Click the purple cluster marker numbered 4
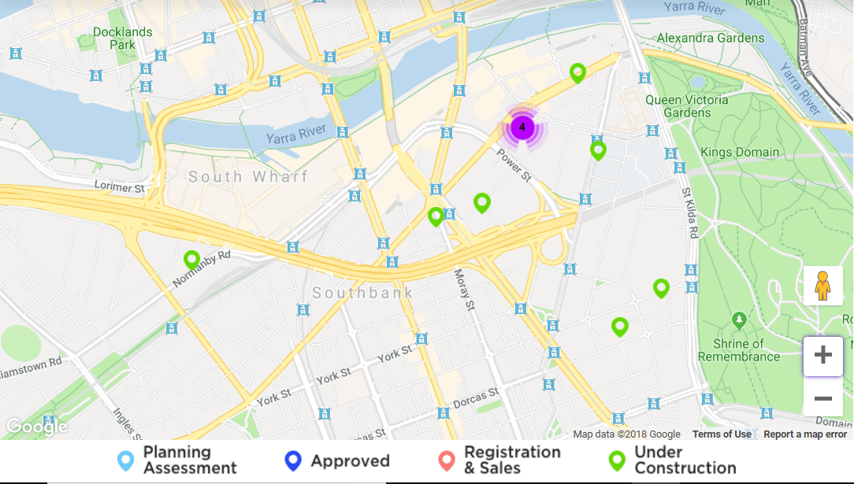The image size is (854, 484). pyautogui.click(x=522, y=127)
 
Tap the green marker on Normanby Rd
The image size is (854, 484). pyautogui.click(x=191, y=259)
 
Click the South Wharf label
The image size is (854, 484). pyautogui.click(x=248, y=176)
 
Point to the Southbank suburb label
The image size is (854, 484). pyautogui.click(x=362, y=293)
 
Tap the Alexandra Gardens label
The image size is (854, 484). pyautogui.click(x=710, y=38)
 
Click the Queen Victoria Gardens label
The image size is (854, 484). pyautogui.click(x=687, y=106)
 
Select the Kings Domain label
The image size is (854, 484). pyautogui.click(x=740, y=152)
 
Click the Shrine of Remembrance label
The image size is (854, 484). pyautogui.click(x=738, y=350)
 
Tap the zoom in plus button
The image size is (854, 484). pyautogui.click(x=822, y=356)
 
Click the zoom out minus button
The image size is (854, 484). pyautogui.click(x=822, y=399)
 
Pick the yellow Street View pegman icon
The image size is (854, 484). pyautogui.click(x=822, y=286)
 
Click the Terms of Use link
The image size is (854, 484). pyautogui.click(x=722, y=434)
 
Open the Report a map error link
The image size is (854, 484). pyautogui.click(x=805, y=434)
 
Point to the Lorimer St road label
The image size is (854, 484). pyautogui.click(x=120, y=188)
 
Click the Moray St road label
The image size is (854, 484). pyautogui.click(x=465, y=289)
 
